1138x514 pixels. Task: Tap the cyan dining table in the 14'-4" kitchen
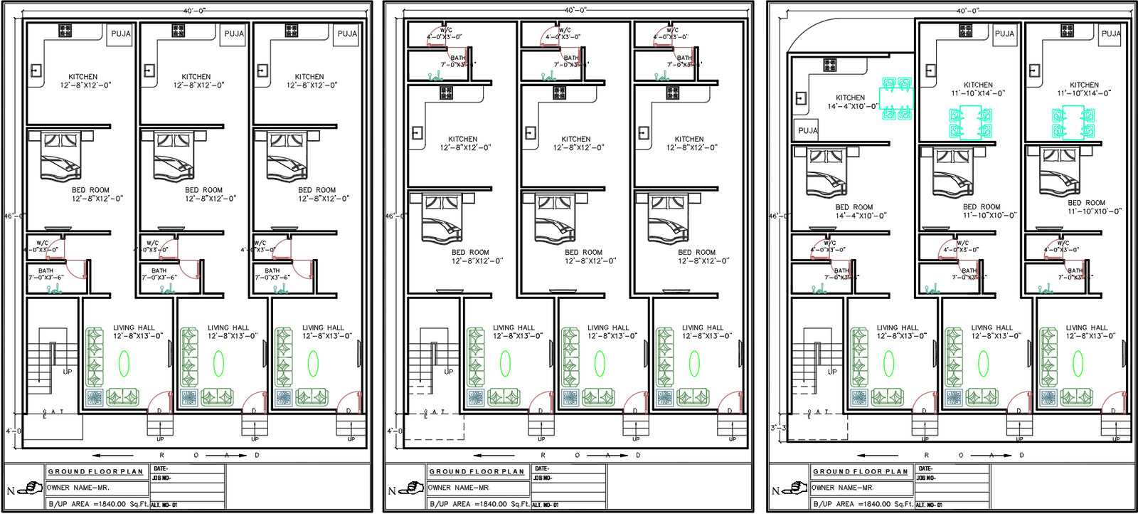(896, 98)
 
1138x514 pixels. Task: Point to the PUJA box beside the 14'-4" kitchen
(807, 130)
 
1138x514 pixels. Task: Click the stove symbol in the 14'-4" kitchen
(829, 65)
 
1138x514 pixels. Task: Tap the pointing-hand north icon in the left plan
(29, 489)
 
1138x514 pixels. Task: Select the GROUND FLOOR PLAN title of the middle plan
(476, 471)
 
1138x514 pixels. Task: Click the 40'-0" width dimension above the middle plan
(575, 10)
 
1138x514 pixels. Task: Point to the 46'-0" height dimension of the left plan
(14, 216)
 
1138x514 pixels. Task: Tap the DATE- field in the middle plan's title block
(542, 468)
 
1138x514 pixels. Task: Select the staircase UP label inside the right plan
(832, 372)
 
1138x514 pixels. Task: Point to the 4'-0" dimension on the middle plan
(394, 431)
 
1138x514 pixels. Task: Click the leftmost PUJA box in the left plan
(120, 34)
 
